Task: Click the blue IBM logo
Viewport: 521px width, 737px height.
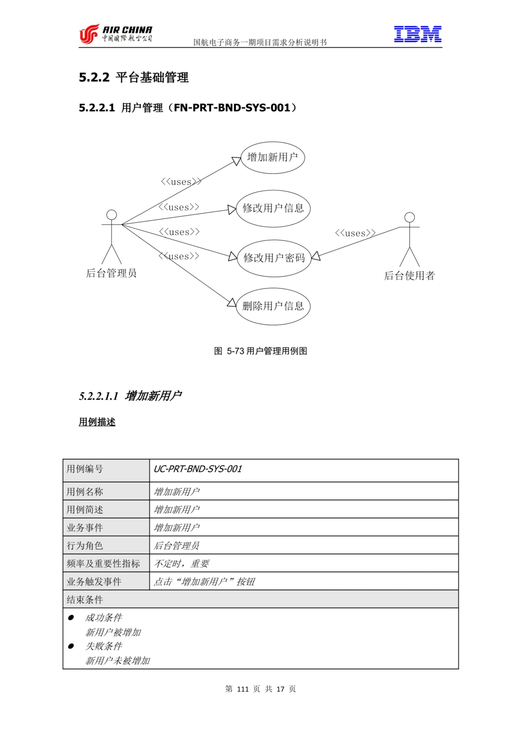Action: (x=418, y=34)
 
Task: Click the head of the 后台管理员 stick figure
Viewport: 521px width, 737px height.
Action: (x=111, y=215)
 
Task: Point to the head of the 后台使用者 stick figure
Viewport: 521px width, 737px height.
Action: (x=410, y=217)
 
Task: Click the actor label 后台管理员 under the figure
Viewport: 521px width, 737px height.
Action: (x=111, y=273)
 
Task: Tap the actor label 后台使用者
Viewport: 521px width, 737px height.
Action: (x=410, y=276)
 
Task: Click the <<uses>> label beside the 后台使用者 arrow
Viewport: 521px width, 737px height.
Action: (x=355, y=233)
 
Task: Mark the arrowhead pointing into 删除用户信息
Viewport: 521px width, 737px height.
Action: (x=232, y=303)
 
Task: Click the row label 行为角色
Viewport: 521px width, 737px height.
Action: (x=85, y=546)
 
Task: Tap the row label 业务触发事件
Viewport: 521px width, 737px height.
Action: (x=94, y=582)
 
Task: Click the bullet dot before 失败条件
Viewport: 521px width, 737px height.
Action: (x=71, y=646)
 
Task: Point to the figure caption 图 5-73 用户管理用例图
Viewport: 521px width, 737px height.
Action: (x=260, y=351)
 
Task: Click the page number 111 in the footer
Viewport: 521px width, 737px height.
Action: (x=243, y=689)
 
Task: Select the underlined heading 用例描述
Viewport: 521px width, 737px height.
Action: (x=97, y=422)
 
